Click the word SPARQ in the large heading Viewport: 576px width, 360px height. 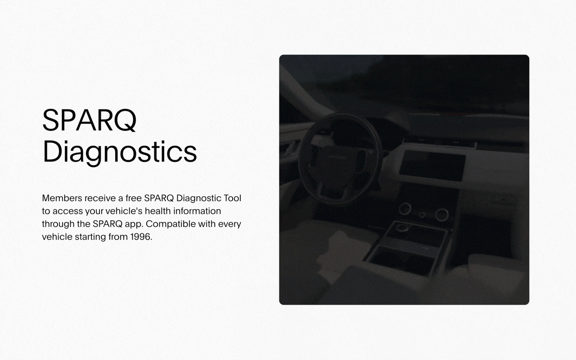coord(89,121)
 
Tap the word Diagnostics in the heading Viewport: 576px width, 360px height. coord(120,152)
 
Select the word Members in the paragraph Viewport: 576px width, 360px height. coord(62,198)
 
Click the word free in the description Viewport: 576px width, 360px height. coord(133,198)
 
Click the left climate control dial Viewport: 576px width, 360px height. coord(405,209)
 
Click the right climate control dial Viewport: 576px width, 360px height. coord(441,214)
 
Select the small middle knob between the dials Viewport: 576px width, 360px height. coord(422,215)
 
